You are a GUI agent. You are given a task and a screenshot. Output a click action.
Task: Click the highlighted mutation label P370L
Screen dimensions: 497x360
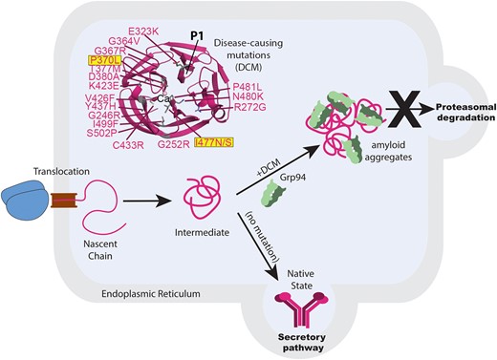tap(104, 60)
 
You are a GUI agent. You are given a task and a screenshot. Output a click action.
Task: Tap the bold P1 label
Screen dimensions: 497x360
tap(197, 36)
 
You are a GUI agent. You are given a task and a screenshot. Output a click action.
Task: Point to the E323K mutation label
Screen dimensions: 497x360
tap(143, 32)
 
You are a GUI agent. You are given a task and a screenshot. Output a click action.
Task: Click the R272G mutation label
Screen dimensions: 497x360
tap(250, 107)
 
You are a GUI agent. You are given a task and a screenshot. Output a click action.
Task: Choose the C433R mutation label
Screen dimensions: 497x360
tap(128, 145)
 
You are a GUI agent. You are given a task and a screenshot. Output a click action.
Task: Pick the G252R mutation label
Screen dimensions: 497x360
tap(174, 144)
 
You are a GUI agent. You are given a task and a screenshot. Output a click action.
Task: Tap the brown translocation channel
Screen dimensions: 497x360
tap(64, 201)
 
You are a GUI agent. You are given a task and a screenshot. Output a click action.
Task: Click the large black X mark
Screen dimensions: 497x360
tap(406, 109)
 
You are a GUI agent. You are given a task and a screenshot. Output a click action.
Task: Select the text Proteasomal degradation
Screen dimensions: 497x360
tap(465, 113)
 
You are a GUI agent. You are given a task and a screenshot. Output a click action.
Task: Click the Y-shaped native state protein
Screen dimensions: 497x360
tap(301, 307)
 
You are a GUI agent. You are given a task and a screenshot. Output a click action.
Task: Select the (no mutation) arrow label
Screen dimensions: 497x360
tap(262, 237)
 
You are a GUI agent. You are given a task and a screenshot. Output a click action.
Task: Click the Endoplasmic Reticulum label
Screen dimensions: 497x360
tap(151, 293)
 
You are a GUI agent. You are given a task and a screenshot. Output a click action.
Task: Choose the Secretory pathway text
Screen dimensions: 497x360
tap(302, 342)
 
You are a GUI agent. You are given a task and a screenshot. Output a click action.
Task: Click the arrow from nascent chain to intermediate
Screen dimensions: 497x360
tap(147, 201)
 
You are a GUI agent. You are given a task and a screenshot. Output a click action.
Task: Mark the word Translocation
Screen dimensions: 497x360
tap(61, 171)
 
